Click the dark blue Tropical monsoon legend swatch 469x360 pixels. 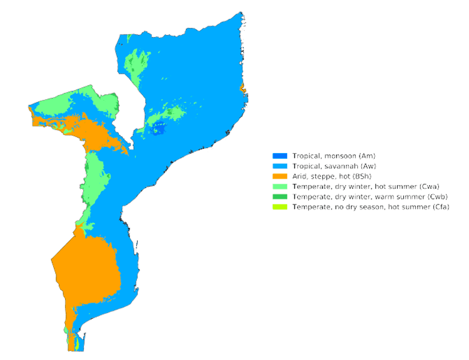point(280,156)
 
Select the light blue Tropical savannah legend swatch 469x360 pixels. point(280,166)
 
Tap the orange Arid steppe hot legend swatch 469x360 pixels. point(280,176)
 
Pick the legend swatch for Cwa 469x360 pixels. point(280,186)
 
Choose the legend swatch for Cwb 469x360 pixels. point(280,197)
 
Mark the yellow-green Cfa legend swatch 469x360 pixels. point(280,207)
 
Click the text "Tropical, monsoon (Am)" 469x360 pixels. point(334,156)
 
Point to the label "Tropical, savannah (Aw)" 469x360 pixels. point(335,166)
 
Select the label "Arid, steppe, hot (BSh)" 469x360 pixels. point(331,176)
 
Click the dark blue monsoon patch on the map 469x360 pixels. point(159,131)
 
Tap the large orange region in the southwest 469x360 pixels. point(88,269)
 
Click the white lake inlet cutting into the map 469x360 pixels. point(131,100)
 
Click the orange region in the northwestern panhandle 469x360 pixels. point(94,131)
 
